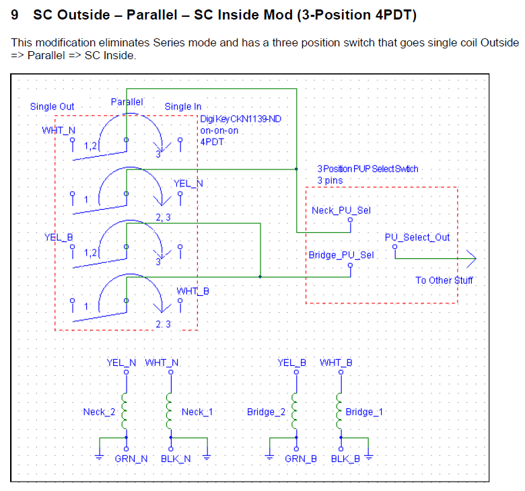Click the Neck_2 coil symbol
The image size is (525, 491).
coord(125,411)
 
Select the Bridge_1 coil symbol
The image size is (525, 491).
coord(339,411)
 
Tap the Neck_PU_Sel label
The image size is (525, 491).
coord(341,211)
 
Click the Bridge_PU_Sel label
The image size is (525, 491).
coord(341,255)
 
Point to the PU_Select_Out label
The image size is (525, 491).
coord(417,237)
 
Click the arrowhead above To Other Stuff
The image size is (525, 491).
coord(471,258)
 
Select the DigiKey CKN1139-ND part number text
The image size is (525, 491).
coord(241,119)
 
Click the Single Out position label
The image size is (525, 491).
coord(52,106)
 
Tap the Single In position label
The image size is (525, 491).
coord(183,106)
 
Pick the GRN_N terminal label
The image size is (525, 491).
coord(131,459)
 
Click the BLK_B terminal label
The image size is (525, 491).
coord(345,459)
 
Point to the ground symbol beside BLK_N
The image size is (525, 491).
coord(207,457)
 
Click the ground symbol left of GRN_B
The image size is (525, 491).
coord(269,457)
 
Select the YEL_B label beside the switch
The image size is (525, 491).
coord(59,237)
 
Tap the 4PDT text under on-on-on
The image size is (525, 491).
coord(212,142)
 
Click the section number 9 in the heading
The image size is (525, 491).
coord(14,15)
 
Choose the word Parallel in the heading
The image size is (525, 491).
coord(151,15)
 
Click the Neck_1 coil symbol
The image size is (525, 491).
coord(169,411)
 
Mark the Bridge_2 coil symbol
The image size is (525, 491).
coord(294,411)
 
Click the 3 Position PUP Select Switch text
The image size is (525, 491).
coord(367,169)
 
